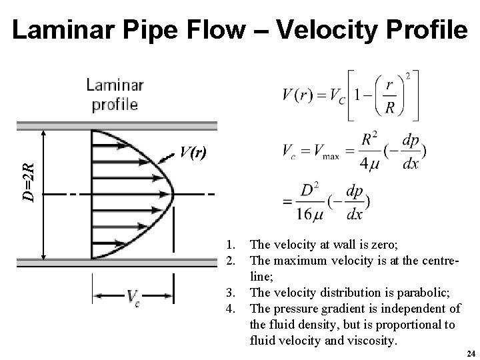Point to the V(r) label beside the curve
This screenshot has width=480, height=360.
click(x=193, y=153)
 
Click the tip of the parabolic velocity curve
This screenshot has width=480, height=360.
click(x=173, y=193)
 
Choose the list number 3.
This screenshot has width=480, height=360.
click(x=230, y=291)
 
